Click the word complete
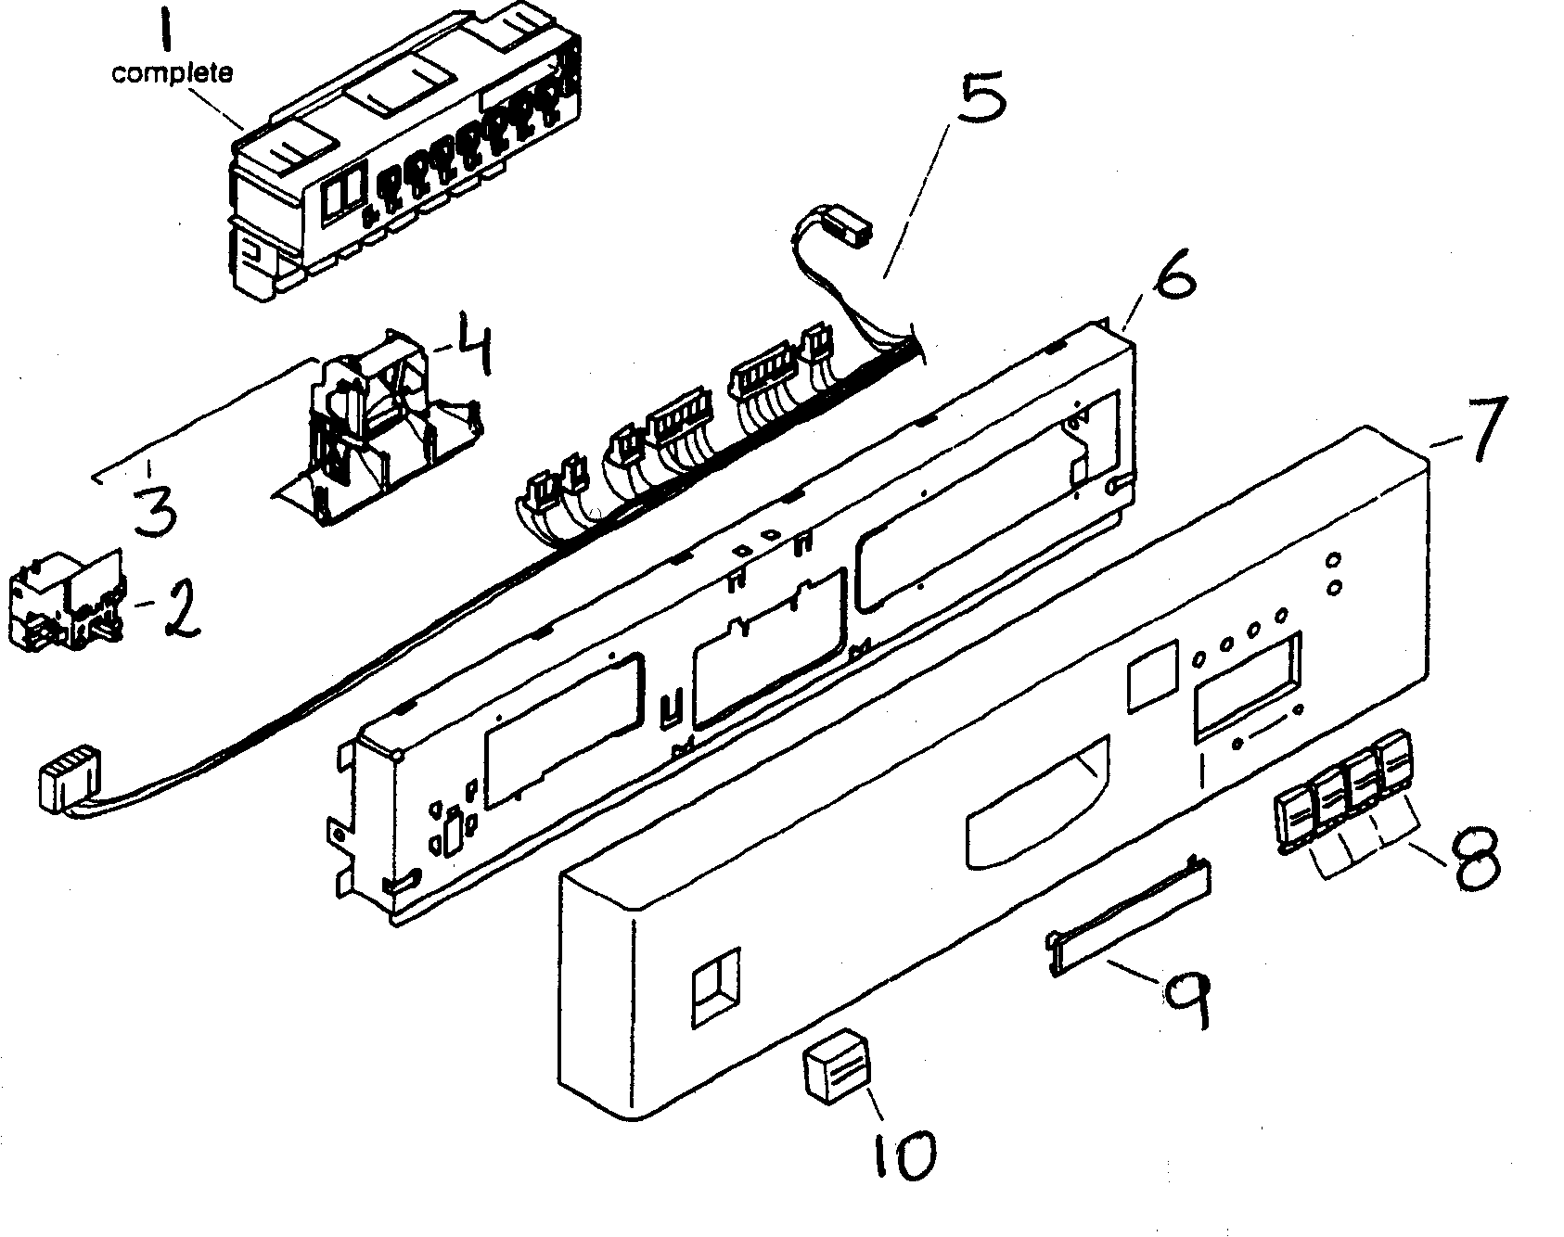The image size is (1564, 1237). point(173,72)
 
